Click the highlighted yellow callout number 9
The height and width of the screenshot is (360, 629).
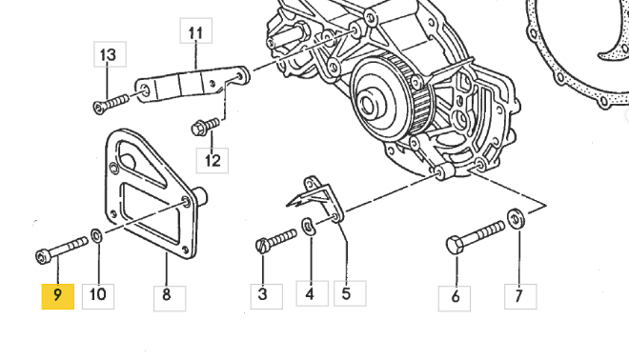coord(58,296)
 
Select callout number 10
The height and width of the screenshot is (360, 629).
coord(98,296)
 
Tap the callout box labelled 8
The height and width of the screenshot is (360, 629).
coord(170,298)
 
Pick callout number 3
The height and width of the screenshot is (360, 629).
coord(266,296)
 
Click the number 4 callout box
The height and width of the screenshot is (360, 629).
coord(312,293)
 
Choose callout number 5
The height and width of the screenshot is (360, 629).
coord(350,293)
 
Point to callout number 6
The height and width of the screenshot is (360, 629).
coord(454,298)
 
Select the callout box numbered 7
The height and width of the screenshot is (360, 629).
coord(520,296)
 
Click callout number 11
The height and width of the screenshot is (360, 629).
coord(195,30)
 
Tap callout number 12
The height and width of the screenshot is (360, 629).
coord(213,160)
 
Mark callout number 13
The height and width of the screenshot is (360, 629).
coord(110,54)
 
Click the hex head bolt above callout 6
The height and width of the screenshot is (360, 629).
coord(476,237)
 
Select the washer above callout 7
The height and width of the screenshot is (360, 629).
coord(516,219)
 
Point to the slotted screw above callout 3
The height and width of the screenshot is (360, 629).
coord(276,241)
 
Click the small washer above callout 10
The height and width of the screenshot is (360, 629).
coord(96,236)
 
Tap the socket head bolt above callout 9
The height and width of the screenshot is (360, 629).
coord(62,250)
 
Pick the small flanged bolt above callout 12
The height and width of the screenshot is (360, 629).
coord(206,127)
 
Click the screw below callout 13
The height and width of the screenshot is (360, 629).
coord(111,104)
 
